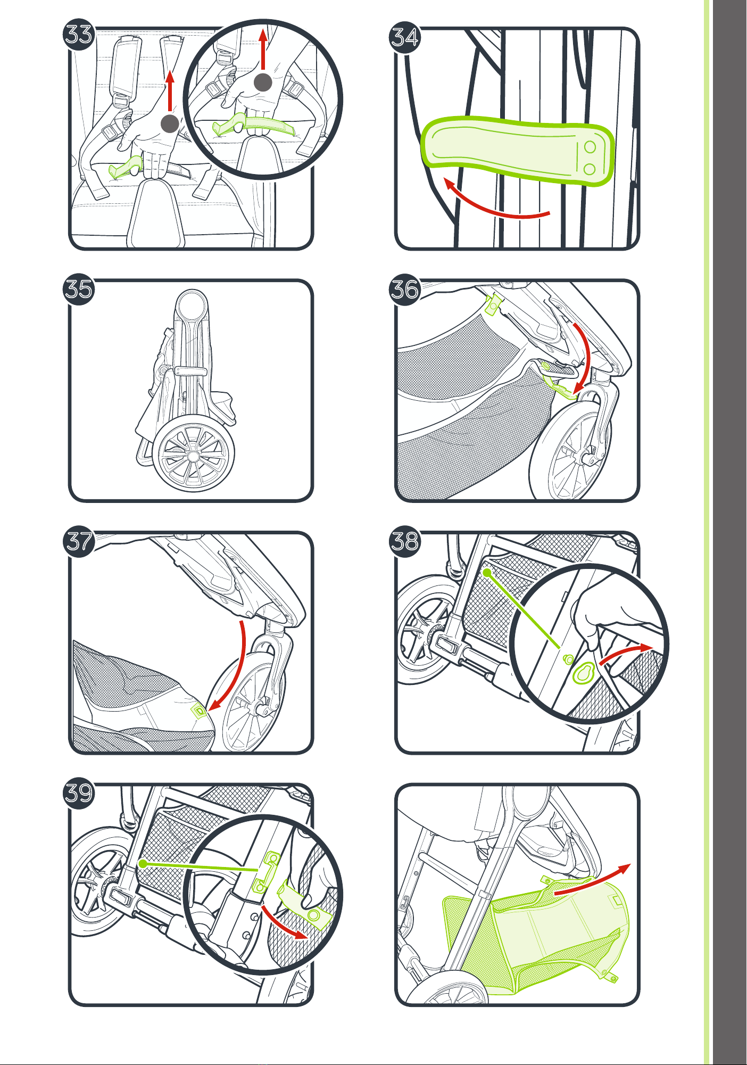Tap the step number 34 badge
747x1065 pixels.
(405, 37)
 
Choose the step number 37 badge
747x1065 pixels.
(79, 541)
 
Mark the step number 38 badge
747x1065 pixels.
(405, 541)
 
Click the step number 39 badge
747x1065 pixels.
(79, 793)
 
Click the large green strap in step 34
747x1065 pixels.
(518, 151)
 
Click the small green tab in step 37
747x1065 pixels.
(199, 710)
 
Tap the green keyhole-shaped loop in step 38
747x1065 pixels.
(583, 673)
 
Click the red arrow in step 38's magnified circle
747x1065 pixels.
(626, 653)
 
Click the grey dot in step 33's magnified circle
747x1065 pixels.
(263, 82)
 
